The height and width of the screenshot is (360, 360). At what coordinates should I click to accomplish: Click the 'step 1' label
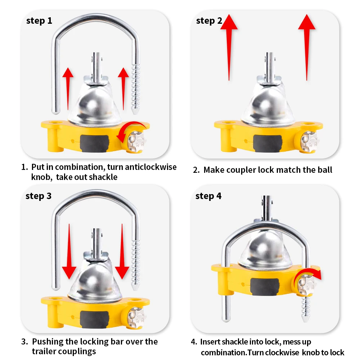pos(39,21)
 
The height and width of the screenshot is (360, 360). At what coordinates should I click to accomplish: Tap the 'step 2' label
pos(209,21)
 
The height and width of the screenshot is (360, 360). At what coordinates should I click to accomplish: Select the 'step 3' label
pos(39,196)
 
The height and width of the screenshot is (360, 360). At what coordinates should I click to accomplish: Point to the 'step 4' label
pos(208,196)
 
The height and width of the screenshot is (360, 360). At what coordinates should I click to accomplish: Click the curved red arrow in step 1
pos(129,125)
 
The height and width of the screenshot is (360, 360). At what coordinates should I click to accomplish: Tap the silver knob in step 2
pos(309,141)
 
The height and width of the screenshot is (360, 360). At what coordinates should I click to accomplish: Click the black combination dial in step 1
pos(94,144)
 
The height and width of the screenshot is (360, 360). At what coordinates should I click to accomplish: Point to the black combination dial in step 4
pos(265,287)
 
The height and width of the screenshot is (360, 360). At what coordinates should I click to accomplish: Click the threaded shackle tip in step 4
pos(306,309)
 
